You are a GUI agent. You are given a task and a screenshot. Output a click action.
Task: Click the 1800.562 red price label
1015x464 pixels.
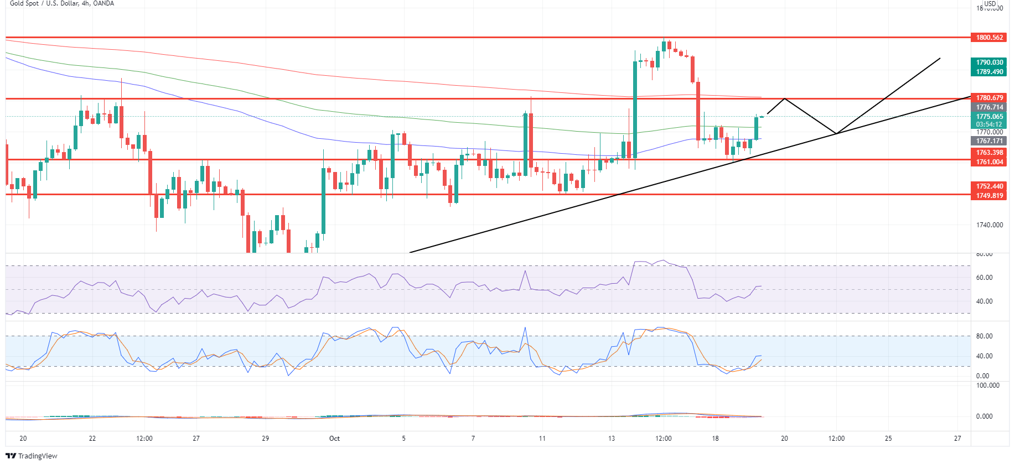pyautogui.click(x=990, y=38)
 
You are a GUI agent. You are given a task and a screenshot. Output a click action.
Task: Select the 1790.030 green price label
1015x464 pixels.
pyautogui.click(x=990, y=62)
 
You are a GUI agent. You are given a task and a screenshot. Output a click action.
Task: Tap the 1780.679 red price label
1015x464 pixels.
pyautogui.click(x=990, y=98)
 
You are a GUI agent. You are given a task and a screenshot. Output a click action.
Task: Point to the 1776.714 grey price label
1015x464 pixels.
pyautogui.click(x=990, y=107)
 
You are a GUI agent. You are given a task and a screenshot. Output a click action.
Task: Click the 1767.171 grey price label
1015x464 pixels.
pyautogui.click(x=990, y=141)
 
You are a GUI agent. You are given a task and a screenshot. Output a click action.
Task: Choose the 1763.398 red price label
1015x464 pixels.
pyautogui.click(x=990, y=153)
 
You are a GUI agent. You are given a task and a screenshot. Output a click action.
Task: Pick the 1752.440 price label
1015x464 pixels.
pyautogui.click(x=990, y=186)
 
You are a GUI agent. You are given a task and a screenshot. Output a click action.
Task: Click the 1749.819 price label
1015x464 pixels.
pyautogui.click(x=990, y=196)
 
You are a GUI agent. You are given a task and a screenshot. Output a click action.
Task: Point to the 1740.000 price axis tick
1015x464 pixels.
pyautogui.click(x=990, y=225)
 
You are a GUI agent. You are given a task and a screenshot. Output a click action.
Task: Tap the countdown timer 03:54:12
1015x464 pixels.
pyautogui.click(x=990, y=124)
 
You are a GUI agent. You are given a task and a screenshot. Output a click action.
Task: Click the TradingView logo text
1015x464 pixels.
pyautogui.click(x=37, y=456)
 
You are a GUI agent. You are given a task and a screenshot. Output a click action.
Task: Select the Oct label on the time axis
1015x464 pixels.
pyautogui.click(x=334, y=439)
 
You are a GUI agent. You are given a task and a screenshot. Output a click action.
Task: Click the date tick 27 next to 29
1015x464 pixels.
pyautogui.click(x=196, y=439)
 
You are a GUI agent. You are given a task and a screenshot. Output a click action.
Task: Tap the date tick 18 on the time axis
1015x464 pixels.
pyautogui.click(x=715, y=439)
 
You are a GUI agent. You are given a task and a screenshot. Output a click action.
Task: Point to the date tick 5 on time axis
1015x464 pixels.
pyautogui.click(x=403, y=439)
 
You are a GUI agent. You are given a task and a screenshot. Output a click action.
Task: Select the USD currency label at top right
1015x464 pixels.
pyautogui.click(x=990, y=4)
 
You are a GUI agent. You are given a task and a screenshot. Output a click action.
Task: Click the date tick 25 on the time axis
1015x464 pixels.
pyautogui.click(x=888, y=439)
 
